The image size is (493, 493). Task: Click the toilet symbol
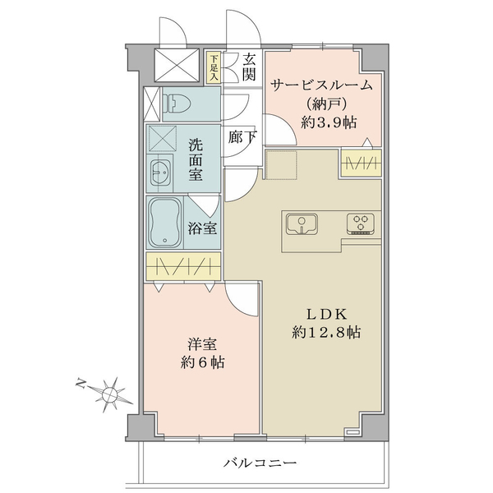(177, 104)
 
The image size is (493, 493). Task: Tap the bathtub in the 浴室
(165, 223)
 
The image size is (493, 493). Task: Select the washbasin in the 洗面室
(160, 173)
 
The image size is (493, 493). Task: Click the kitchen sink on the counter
(302, 223)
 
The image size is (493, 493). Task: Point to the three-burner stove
(361, 223)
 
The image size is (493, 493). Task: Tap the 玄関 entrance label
(248, 67)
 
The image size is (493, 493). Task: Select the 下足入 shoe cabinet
(214, 68)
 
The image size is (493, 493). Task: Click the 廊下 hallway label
(242, 137)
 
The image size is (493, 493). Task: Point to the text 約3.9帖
(328, 122)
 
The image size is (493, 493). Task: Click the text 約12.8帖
(326, 332)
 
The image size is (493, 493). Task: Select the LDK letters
(326, 314)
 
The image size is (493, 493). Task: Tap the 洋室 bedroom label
(202, 344)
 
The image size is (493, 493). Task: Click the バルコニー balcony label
(260, 463)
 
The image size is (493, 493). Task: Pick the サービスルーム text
(321, 85)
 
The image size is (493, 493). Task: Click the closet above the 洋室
(183, 266)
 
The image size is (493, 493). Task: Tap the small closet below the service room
(362, 163)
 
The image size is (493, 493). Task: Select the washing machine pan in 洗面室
(163, 139)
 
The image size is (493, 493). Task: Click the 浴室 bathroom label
(202, 228)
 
